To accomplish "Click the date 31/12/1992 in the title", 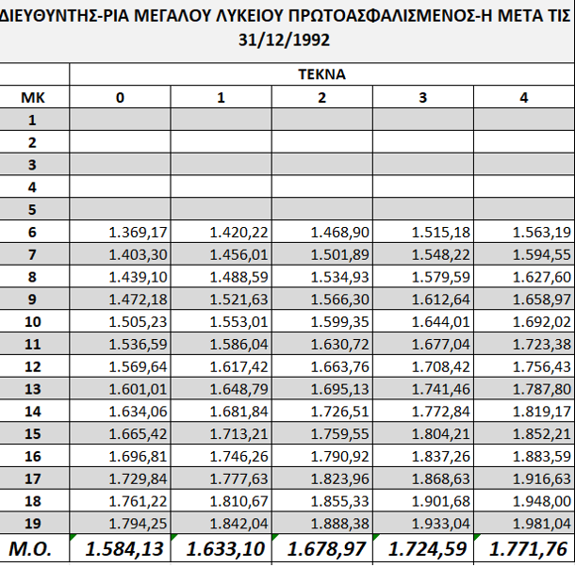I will coord(287,41).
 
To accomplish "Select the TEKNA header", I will coord(321,73).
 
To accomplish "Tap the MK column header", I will coord(33,96).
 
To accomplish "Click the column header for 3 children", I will coord(422,96).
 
